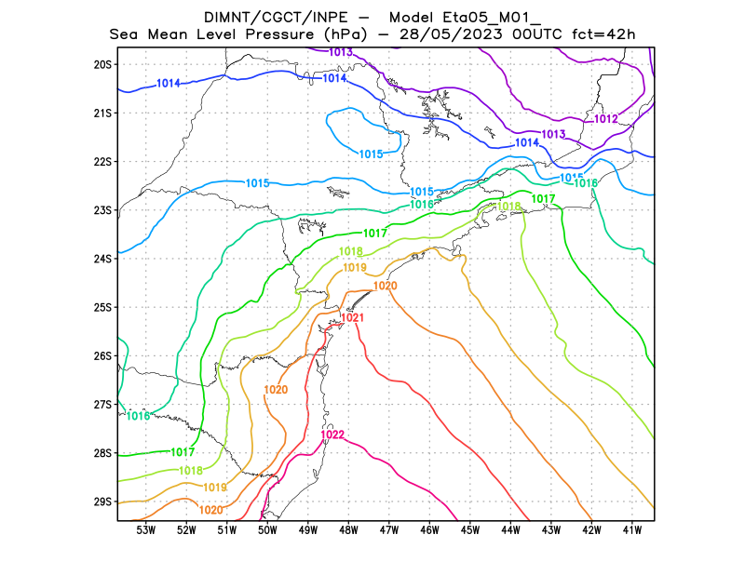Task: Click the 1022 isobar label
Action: [x=332, y=435]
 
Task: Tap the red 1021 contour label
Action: [x=352, y=317]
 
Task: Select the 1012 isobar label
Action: [x=606, y=119]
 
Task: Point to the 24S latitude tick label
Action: [x=102, y=259]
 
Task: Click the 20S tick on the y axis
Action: [x=102, y=64]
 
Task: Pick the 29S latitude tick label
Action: [x=102, y=501]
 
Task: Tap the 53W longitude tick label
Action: [x=145, y=530]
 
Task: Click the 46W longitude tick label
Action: [x=429, y=530]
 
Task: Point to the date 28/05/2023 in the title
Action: [x=448, y=34]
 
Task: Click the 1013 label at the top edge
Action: [x=341, y=52]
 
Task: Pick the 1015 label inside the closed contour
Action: [x=372, y=154]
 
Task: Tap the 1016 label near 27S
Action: [x=138, y=416]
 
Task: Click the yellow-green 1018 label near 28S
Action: [x=191, y=471]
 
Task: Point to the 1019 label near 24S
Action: [x=355, y=268]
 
